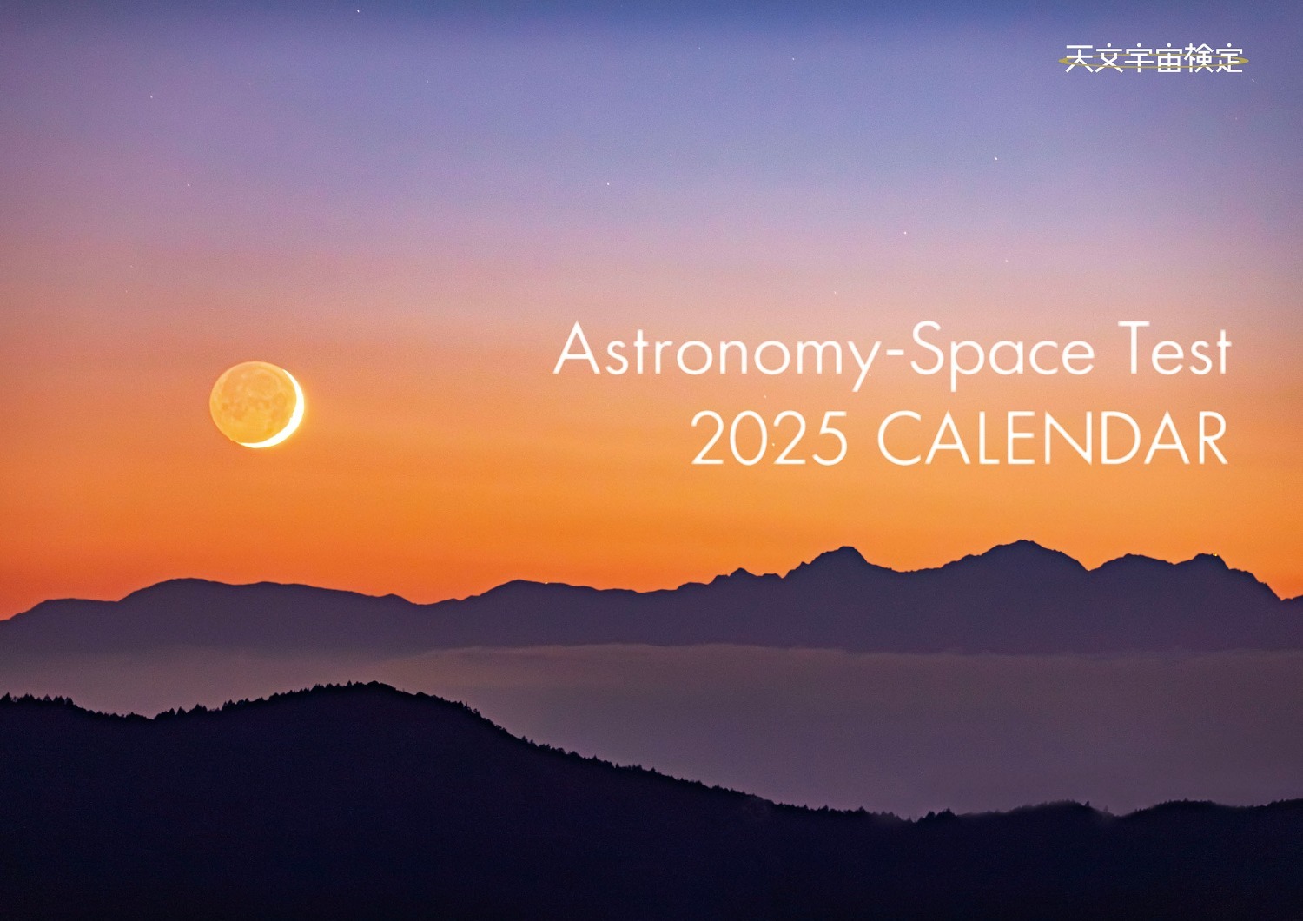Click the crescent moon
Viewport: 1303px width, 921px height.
coord(256,404)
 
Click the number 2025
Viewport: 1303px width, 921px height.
coord(769,438)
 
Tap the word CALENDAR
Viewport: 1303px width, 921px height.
coord(1052,438)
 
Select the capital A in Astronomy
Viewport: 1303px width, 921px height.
coord(577,348)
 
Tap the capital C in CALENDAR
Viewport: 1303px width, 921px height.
coord(901,438)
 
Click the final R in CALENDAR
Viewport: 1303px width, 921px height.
coord(1209,438)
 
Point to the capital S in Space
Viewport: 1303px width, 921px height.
coord(927,348)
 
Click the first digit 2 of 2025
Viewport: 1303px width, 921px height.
coord(709,438)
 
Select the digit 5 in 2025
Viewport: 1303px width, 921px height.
coord(830,438)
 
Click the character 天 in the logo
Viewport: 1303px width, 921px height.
coord(1079,58)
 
